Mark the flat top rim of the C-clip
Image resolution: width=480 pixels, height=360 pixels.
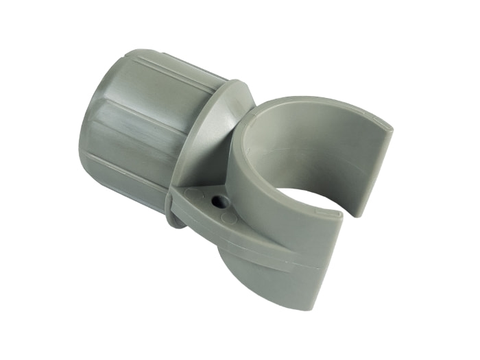322,103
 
